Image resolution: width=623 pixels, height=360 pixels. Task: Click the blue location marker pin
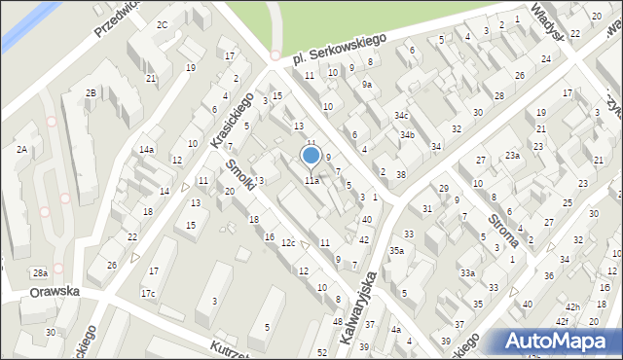coord(311,156)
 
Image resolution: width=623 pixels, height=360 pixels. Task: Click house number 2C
coord(162,24)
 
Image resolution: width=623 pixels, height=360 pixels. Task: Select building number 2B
coord(91,92)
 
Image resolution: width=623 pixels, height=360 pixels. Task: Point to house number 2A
coord(20,149)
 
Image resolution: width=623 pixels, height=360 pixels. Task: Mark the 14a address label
coord(146,149)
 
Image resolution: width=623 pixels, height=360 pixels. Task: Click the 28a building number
coord(39,273)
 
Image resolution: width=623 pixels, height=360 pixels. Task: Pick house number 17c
coord(148,293)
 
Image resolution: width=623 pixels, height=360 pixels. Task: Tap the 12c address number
coord(288,242)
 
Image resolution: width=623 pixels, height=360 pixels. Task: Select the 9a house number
coord(367,85)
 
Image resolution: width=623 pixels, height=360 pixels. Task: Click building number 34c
coord(401,115)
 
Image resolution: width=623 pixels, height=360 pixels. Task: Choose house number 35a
coord(397,250)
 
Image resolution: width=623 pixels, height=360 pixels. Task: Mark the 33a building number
coord(467,273)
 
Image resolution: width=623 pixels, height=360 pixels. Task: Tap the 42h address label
coord(572,307)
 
